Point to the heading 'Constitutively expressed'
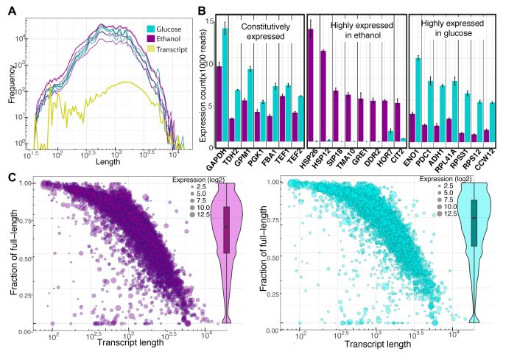tap(259, 33)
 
